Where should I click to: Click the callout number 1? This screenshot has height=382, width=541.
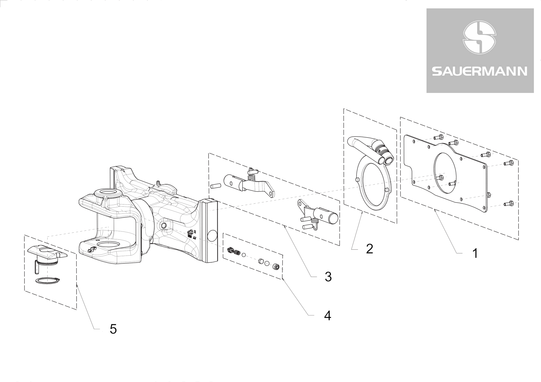(475, 253)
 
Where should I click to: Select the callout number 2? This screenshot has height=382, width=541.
(369, 249)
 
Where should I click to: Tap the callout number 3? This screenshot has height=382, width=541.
(328, 277)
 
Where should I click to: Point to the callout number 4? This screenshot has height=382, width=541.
(328, 316)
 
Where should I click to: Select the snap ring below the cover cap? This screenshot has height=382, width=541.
(48, 281)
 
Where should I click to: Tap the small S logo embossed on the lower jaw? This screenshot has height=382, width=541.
(92, 250)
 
